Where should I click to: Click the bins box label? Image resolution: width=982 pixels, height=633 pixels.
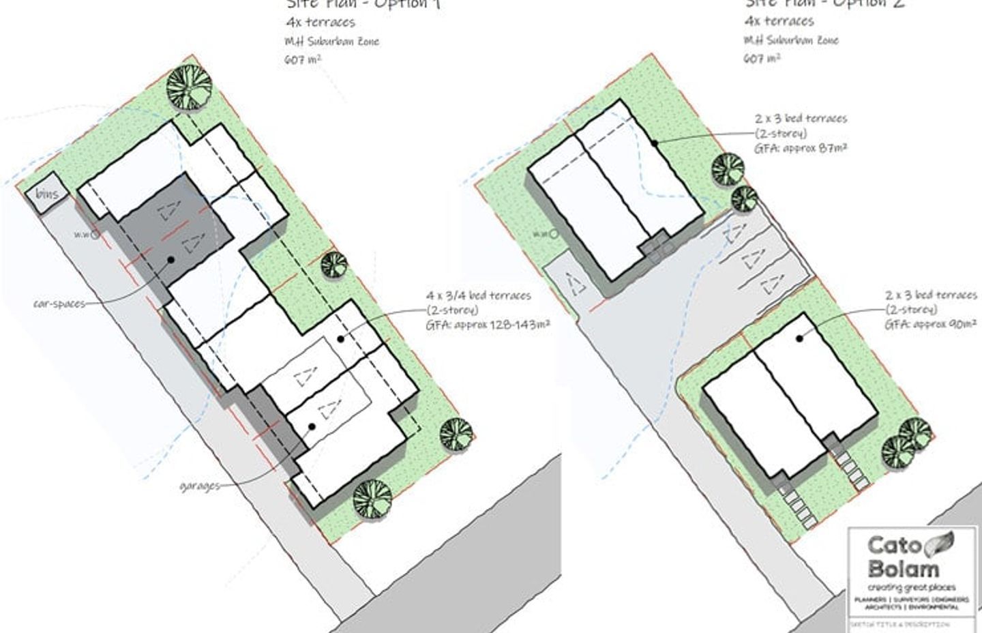click(47, 194)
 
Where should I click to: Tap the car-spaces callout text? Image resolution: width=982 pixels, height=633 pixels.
click(60, 304)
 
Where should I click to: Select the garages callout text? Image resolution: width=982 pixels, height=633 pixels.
click(200, 486)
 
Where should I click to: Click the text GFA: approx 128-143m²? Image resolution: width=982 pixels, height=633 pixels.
click(488, 325)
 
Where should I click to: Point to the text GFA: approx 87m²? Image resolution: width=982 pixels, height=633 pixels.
click(801, 147)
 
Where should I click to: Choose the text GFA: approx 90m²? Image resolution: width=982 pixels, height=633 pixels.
click(931, 325)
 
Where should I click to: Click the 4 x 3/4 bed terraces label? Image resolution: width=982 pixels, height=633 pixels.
click(479, 295)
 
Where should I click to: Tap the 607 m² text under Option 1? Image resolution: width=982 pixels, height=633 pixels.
click(303, 59)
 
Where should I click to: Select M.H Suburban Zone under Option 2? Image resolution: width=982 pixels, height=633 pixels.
click(791, 40)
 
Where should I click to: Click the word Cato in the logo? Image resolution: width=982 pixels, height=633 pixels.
click(895, 545)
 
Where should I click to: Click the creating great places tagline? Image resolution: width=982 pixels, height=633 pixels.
click(911, 587)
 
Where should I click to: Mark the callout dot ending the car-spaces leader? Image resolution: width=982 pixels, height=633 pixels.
click(170, 259)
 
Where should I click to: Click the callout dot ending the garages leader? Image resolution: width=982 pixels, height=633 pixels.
click(312, 427)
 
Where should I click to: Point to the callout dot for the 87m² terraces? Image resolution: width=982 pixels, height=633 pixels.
click(654, 143)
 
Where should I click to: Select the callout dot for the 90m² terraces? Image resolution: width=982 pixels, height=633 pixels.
click(801, 338)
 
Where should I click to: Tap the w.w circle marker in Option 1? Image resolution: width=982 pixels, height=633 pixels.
click(95, 234)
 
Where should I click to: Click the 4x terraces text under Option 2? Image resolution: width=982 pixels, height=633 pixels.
click(779, 21)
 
